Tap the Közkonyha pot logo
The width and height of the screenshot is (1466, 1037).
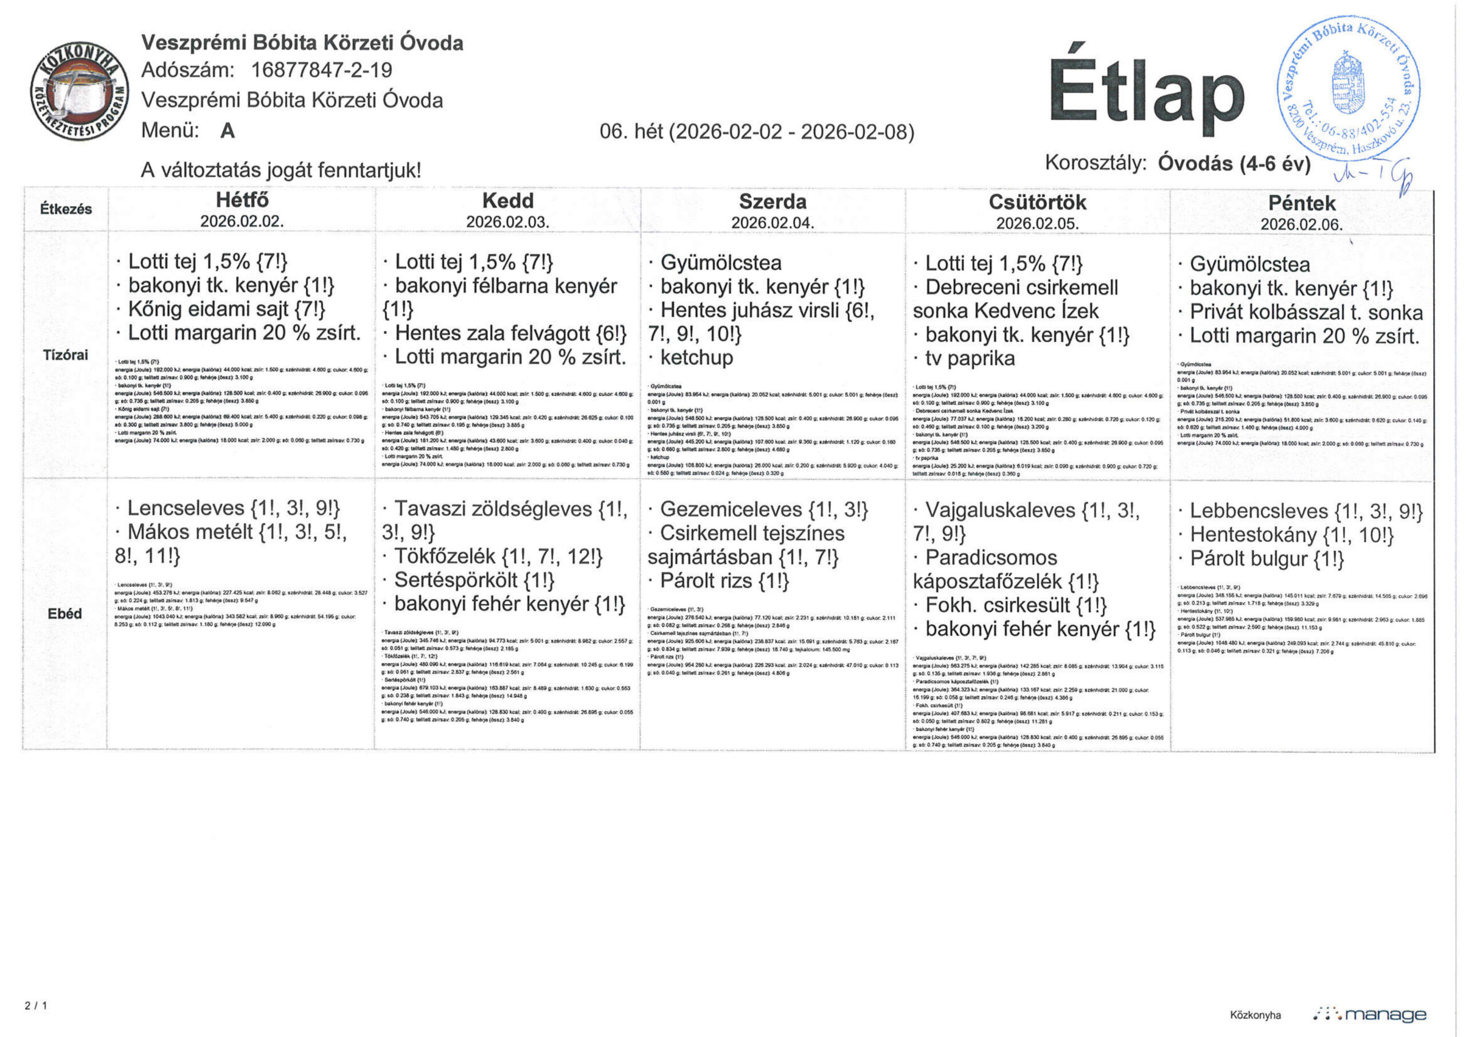coord(79,93)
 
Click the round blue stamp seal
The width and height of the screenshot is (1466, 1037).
coord(1348,88)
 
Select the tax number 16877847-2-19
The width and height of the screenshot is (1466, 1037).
coord(322,70)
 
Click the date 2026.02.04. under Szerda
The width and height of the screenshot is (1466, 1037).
coord(773,223)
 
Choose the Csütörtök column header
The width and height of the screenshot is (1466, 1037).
coord(1037,203)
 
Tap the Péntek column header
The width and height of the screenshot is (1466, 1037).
coord(1301,204)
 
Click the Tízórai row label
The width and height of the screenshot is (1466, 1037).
coord(65,355)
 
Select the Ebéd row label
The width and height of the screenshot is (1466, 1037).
coord(65,614)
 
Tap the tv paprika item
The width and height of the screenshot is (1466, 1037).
coord(970,359)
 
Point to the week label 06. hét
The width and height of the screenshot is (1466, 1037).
coord(632,132)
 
